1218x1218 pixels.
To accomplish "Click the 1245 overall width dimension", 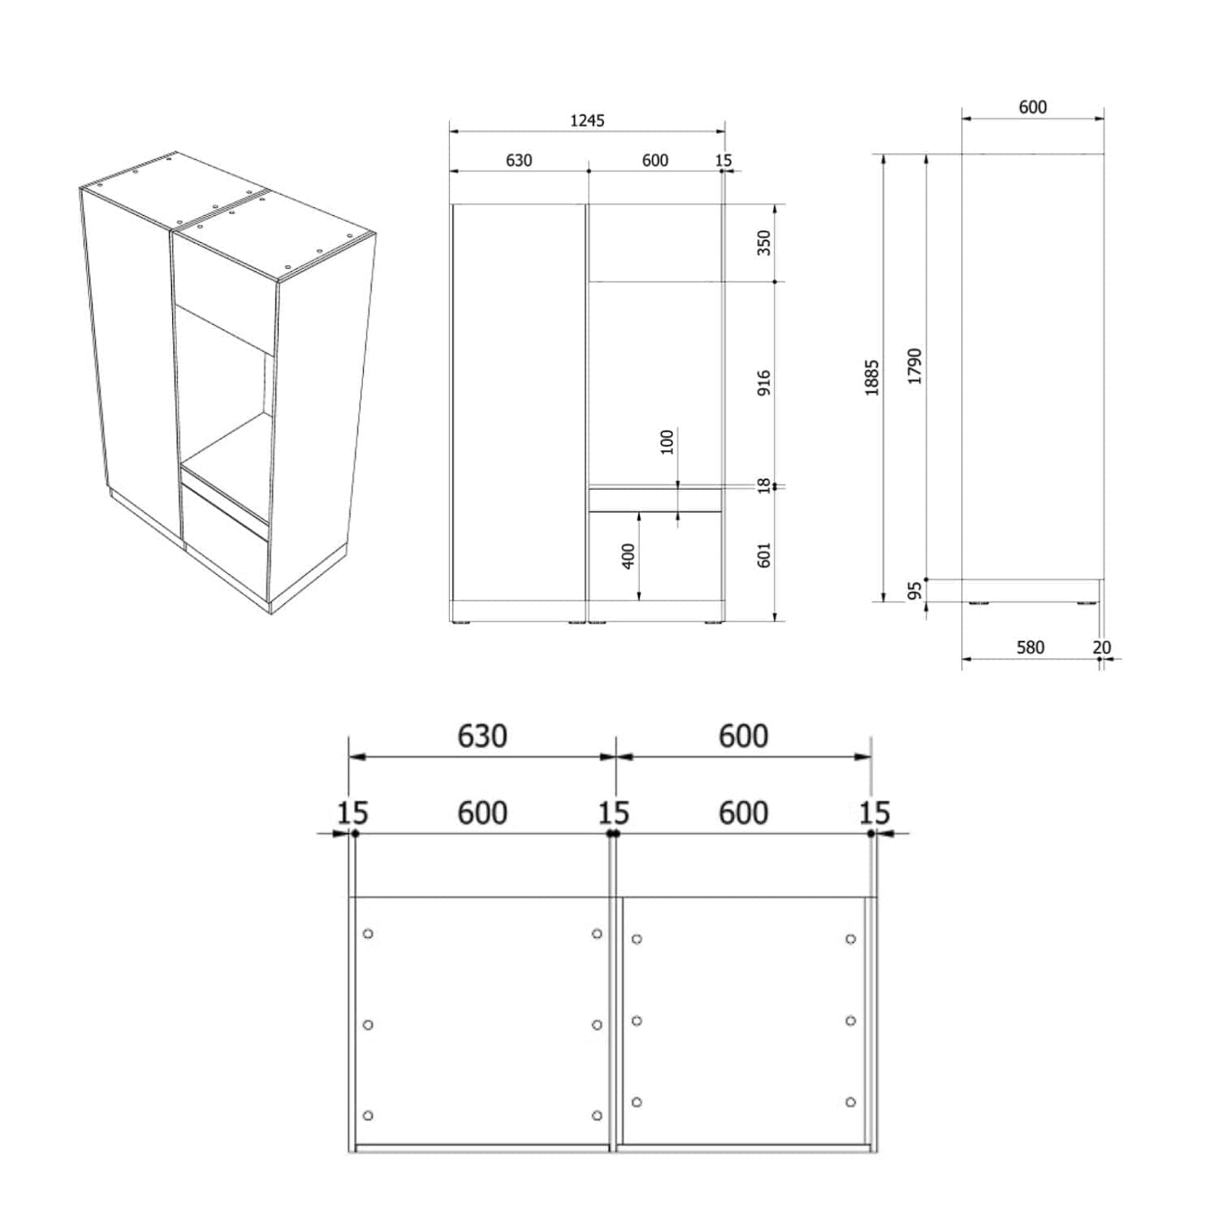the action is point(587,121).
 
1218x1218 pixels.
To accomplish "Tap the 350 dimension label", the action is point(763,243).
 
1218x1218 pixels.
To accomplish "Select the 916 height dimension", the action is point(763,383).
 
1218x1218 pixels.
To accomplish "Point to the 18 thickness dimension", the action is point(763,486).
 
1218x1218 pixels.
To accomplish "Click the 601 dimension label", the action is point(763,555).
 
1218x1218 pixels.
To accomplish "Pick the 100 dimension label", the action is point(667,443).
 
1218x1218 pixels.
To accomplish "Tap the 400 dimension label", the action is point(628,556).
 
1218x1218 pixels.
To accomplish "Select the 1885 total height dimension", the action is point(872,378).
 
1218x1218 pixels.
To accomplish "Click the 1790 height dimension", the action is point(915,366).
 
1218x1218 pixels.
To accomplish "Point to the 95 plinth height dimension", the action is point(915,590).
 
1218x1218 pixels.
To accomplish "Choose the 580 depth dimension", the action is point(1030,647).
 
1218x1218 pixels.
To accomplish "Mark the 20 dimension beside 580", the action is point(1102,647).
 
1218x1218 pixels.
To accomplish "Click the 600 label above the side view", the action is point(1033,107).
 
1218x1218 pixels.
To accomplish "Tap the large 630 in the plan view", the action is point(482,736).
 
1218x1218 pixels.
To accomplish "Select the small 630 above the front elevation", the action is point(519,161).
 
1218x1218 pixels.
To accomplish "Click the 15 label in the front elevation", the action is point(723,161).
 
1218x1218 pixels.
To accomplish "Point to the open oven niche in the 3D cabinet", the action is point(224,382).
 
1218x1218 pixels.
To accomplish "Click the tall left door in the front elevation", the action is point(518,402).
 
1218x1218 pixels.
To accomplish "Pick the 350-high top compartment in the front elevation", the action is point(654,243).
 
